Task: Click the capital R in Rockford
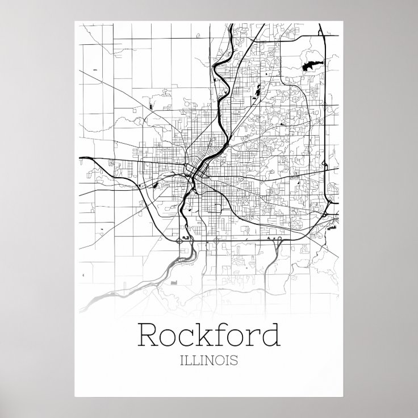click(x=149, y=335)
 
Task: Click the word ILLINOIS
click(x=208, y=360)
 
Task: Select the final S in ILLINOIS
click(x=235, y=360)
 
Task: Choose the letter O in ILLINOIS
click(x=221, y=360)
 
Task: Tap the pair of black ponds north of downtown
click(x=257, y=90)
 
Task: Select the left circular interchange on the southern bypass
click(x=181, y=240)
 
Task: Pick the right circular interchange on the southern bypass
click(x=216, y=240)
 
